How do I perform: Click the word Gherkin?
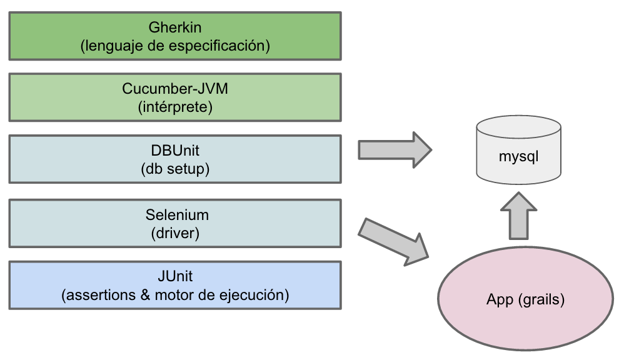tap(175, 27)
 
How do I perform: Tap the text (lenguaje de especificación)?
tap(175, 46)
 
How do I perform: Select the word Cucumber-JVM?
tap(175, 89)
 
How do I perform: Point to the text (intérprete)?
tap(175, 107)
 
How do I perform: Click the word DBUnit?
tap(175, 151)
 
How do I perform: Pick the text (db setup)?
tap(175, 169)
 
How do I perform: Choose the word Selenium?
tap(175, 215)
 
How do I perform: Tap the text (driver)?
tap(175, 233)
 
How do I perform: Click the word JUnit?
tap(175, 277)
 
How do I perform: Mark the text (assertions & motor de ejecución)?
tap(175, 295)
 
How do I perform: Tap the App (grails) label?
tap(525, 299)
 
